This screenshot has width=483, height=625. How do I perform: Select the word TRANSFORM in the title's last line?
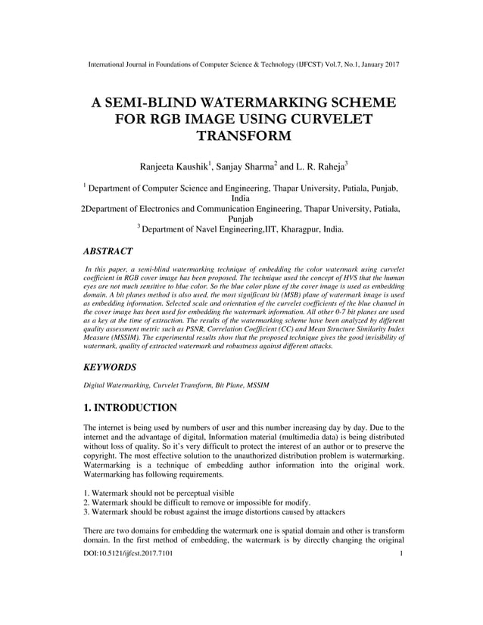click(x=242, y=135)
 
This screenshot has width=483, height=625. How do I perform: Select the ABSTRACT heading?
click(x=108, y=250)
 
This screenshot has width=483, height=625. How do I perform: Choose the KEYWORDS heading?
click(x=110, y=367)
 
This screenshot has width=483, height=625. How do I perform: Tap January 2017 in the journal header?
click(x=376, y=64)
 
